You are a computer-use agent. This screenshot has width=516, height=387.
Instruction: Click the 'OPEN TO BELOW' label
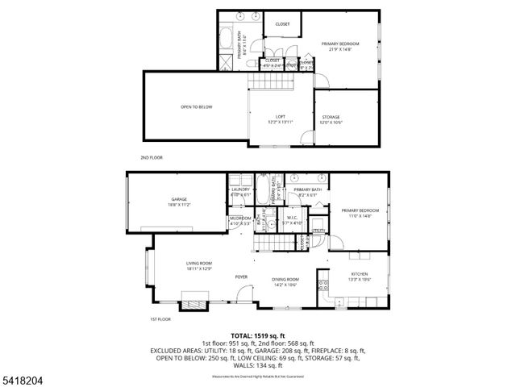[x=196, y=107]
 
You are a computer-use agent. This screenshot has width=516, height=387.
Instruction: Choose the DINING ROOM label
[x=285, y=281]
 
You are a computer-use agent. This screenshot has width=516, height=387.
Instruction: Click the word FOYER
[x=241, y=277]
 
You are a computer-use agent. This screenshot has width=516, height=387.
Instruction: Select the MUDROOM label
[x=240, y=219]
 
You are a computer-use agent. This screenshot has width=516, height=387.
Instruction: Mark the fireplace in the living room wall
[x=193, y=305]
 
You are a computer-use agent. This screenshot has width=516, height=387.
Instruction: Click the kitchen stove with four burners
[x=324, y=283]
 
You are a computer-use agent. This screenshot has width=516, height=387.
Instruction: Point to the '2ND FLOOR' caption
[x=152, y=157]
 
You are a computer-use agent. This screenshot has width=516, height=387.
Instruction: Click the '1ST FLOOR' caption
[x=160, y=319]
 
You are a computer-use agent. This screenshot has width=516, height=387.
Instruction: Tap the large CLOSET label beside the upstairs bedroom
[x=282, y=24]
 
